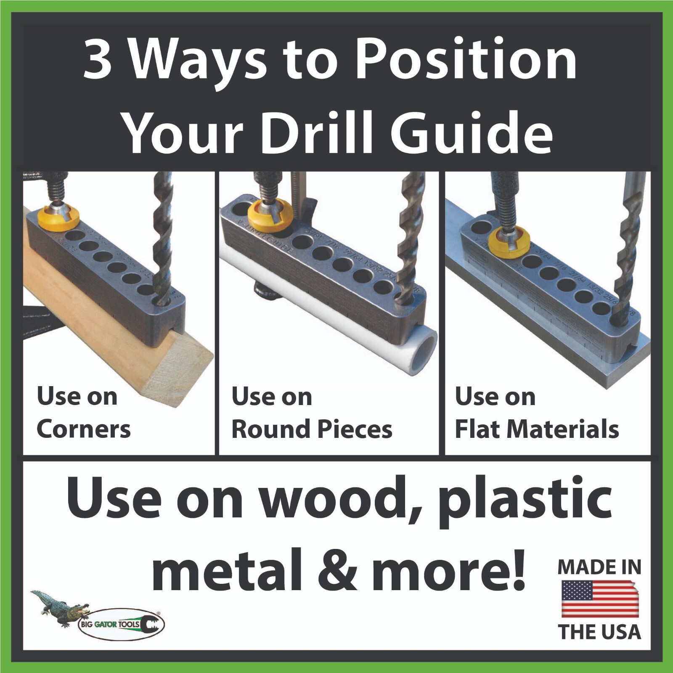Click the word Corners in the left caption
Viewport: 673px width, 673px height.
83,429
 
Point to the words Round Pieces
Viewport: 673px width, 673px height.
312,429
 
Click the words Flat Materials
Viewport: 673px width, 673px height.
537,429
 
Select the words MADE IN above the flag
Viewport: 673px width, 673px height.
599,567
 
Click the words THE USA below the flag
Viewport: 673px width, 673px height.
599,632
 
